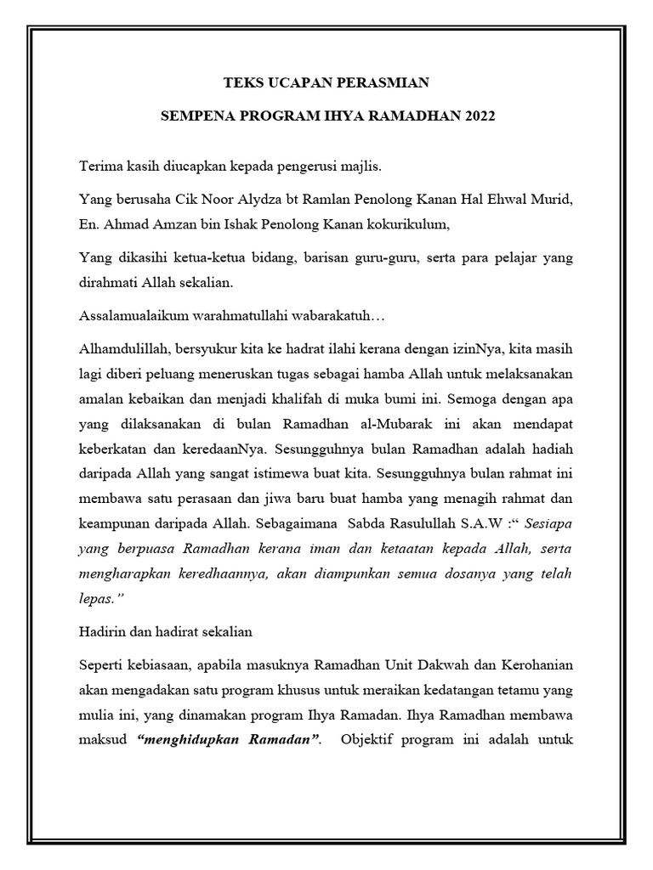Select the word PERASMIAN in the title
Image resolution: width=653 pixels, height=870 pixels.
383,82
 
